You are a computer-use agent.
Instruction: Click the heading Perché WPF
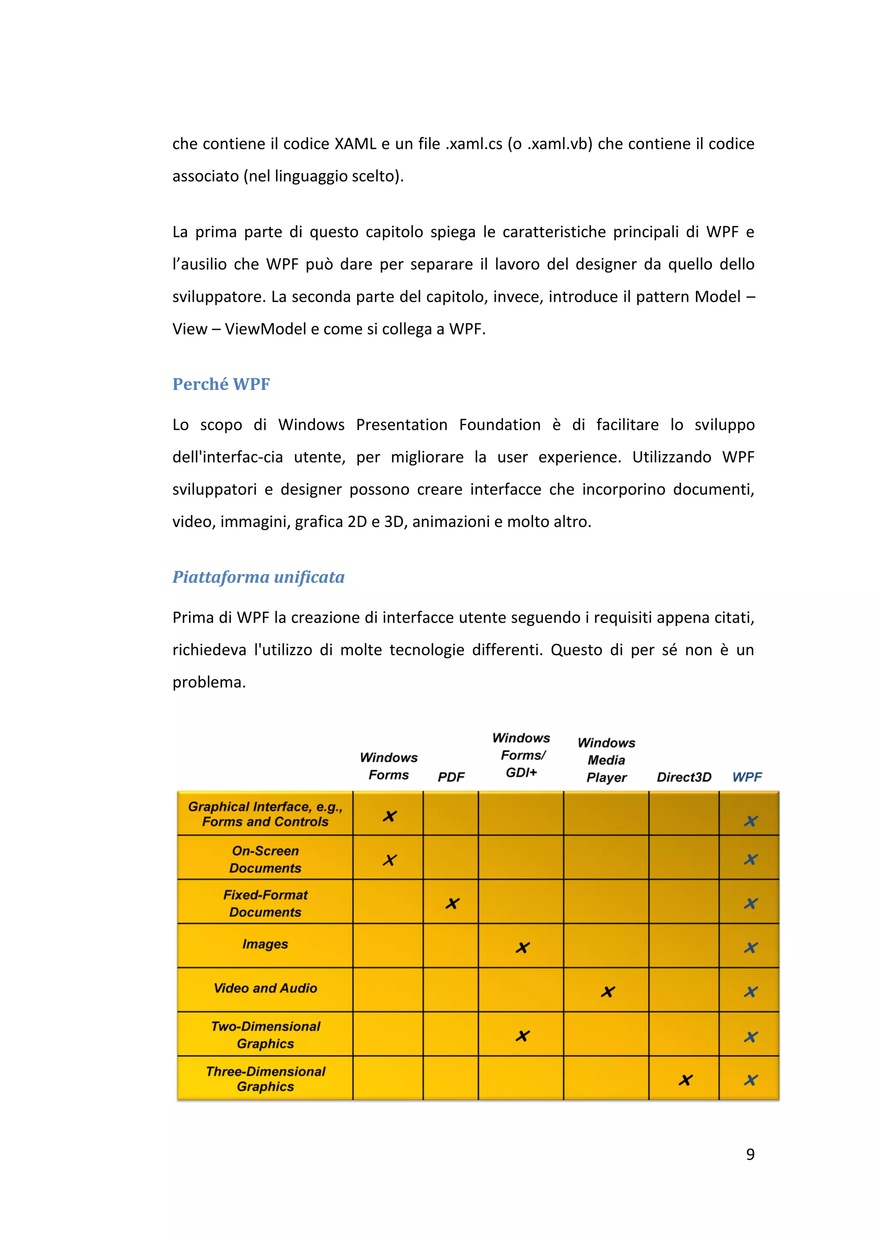221,384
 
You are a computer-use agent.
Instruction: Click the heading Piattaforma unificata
258,577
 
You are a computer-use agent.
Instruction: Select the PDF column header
451,777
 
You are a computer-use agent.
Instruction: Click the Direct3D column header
684,777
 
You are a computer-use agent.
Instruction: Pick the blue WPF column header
747,777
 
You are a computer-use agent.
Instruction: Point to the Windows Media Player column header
606,760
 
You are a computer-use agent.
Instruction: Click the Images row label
265,944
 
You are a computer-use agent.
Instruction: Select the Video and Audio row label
265,988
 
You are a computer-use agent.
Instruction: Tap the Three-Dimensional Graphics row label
265,1078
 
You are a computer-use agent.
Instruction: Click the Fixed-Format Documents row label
265,903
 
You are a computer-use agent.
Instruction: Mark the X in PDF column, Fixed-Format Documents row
452,903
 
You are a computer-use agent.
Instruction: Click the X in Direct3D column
686,1080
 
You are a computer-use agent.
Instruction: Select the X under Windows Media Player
608,991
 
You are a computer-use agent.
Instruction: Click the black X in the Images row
522,948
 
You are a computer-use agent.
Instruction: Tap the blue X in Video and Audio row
751,991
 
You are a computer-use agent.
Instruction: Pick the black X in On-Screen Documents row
390,860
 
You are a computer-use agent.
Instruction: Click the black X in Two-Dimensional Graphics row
522,1035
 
